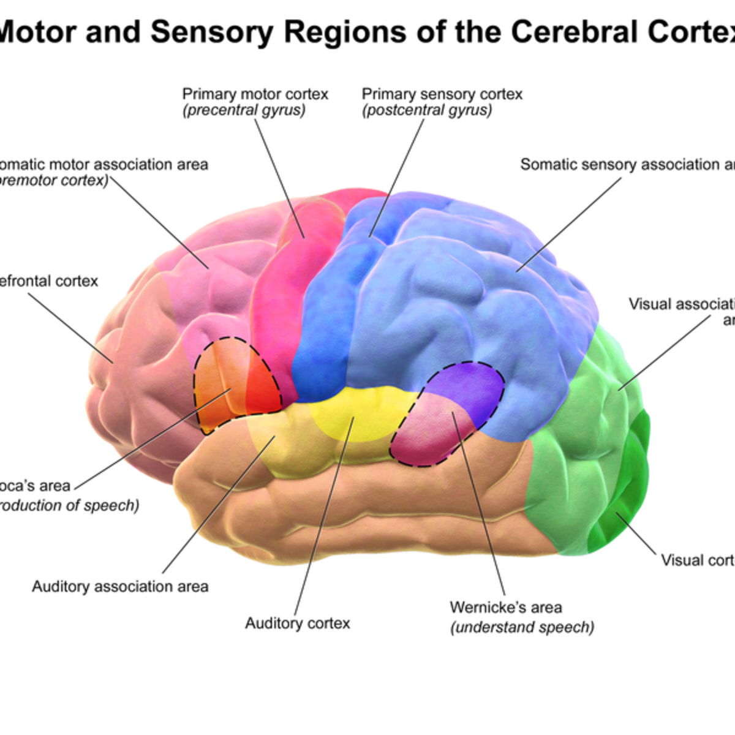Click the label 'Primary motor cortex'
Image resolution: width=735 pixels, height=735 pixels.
pyautogui.click(x=255, y=94)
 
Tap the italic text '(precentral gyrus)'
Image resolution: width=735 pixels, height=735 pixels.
pyautogui.click(x=244, y=111)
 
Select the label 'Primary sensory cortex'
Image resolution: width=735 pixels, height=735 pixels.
pyautogui.click(x=442, y=94)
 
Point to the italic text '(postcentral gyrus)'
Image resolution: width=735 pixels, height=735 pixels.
pyautogui.click(x=426, y=111)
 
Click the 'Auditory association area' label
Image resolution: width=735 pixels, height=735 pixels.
pyautogui.click(x=120, y=587)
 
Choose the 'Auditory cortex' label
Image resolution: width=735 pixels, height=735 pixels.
pyautogui.click(x=298, y=624)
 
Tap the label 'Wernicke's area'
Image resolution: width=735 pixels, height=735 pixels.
pyautogui.click(x=505, y=608)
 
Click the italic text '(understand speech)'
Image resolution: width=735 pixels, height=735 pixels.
pyautogui.click(x=522, y=628)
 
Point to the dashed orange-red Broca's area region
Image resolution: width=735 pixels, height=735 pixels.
pyautogui.click(x=236, y=383)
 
